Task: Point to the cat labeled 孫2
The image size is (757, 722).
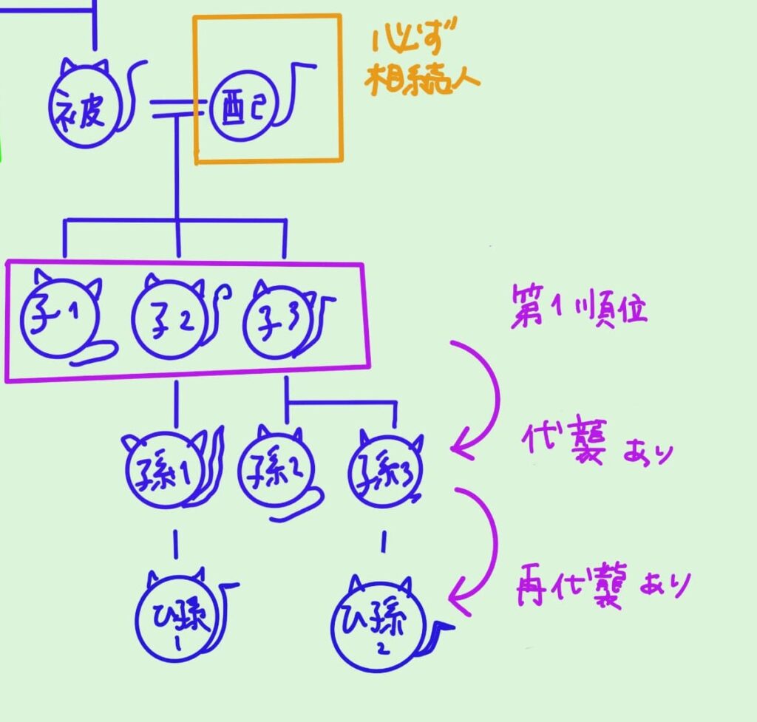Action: point(276,470)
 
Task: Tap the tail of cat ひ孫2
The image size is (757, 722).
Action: point(442,630)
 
